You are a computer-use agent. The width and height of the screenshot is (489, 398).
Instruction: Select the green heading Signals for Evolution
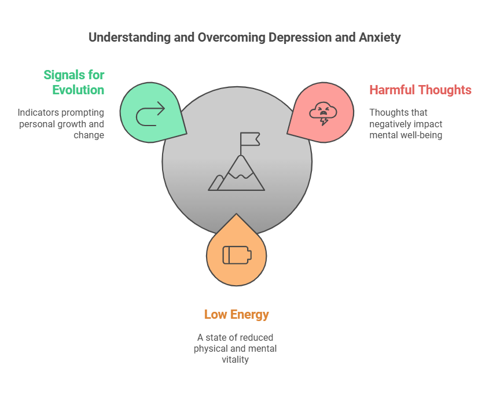click(74, 82)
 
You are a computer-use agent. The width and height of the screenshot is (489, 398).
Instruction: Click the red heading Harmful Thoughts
click(420, 90)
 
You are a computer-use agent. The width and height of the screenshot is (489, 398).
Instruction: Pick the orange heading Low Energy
click(236, 315)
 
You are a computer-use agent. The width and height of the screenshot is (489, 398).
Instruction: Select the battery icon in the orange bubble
click(237, 255)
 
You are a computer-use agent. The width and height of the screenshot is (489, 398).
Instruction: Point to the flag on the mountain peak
click(250, 139)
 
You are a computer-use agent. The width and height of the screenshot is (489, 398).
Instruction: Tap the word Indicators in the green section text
click(36, 112)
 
